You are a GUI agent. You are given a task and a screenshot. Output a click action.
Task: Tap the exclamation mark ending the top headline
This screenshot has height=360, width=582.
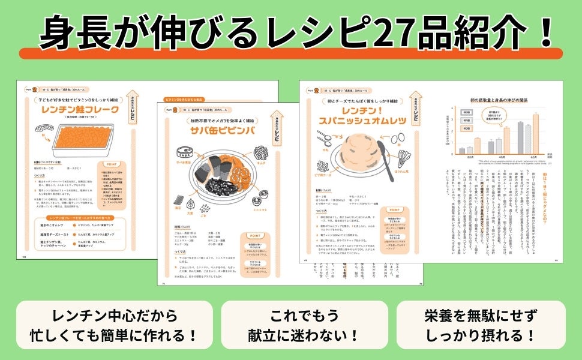click(x=545, y=33)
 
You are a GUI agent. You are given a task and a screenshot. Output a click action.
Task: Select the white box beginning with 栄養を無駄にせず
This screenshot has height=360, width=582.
click(x=481, y=325)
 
